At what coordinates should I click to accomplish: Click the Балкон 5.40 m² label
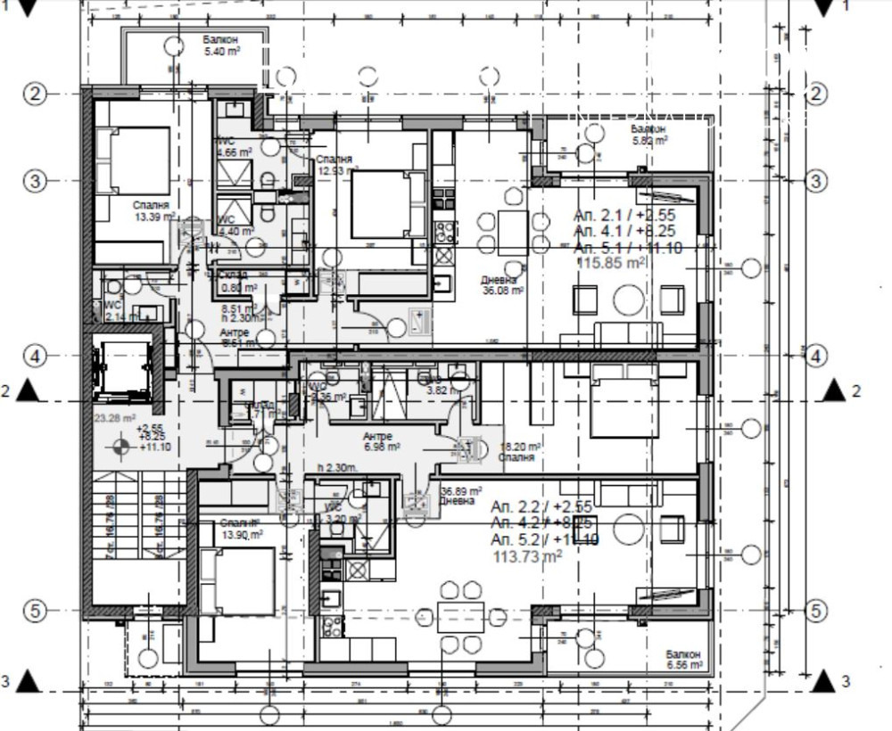[219, 46]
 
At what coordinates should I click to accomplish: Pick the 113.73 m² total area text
[528, 556]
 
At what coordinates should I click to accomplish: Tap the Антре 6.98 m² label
[381, 441]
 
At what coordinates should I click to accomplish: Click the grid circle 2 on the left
[35, 94]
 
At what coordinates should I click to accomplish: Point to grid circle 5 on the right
[816, 611]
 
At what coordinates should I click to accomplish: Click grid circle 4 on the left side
[35, 356]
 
